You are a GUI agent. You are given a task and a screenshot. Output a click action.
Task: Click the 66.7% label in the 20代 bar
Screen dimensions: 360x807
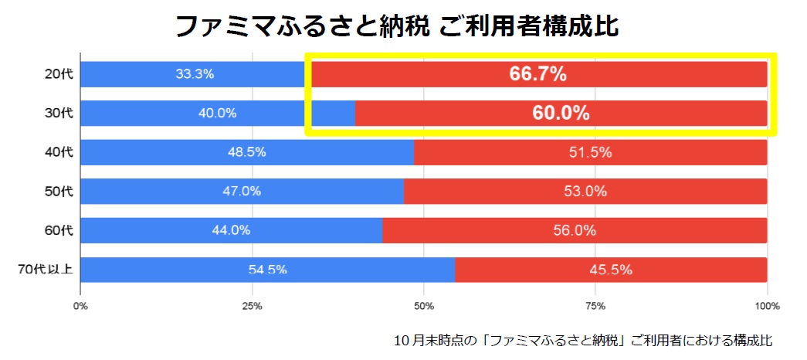(x=538, y=74)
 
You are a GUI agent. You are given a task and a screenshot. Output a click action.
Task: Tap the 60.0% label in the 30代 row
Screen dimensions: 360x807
(x=561, y=113)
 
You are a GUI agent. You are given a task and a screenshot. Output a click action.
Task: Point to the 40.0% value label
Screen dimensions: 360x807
(x=217, y=113)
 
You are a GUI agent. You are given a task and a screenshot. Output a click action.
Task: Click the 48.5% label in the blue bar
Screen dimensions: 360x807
(x=246, y=152)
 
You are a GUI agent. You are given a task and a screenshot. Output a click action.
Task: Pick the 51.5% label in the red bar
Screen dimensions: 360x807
(x=590, y=152)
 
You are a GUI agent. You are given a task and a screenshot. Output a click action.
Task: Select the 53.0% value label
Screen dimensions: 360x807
(x=585, y=192)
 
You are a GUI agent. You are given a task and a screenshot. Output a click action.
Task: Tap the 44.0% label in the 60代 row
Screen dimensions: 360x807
(x=231, y=230)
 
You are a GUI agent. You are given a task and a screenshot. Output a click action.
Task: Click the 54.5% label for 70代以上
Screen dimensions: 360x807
(x=267, y=270)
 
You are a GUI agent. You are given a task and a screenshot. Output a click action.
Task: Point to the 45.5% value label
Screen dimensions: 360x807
(x=611, y=270)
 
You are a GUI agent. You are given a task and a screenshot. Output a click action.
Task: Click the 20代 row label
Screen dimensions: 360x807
(x=59, y=74)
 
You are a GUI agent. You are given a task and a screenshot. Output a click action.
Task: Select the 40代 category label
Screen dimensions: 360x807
(x=59, y=152)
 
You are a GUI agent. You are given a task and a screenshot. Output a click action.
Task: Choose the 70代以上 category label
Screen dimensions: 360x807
(x=46, y=270)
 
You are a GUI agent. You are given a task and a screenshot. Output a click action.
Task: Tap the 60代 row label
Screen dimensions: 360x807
(x=59, y=230)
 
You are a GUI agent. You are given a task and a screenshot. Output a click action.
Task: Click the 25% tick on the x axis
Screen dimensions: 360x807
(x=252, y=307)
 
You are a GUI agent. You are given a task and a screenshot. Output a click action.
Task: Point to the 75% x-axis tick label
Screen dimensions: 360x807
(x=595, y=307)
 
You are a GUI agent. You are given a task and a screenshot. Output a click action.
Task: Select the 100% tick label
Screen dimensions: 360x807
(x=767, y=307)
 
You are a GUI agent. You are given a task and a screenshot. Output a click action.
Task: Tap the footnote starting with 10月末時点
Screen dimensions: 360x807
(x=582, y=340)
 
